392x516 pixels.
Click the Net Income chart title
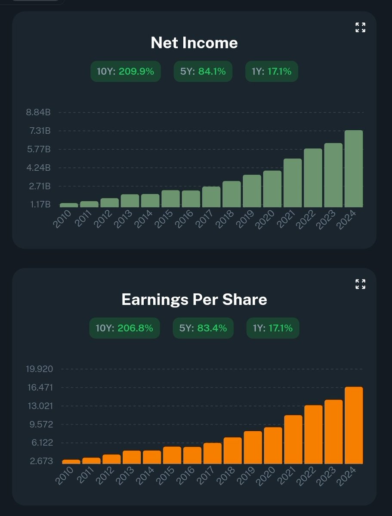[x=194, y=43]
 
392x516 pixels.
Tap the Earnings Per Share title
[x=194, y=299]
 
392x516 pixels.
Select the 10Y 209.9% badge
[x=125, y=71]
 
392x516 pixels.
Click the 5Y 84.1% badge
[x=203, y=71]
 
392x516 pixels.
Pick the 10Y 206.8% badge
[x=124, y=328]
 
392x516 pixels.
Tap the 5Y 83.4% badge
[x=203, y=328]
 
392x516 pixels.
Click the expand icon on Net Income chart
[x=360, y=28]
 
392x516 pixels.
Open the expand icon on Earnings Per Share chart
[x=360, y=284]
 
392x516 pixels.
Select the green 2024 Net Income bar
[x=353, y=169]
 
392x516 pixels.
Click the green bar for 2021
[x=293, y=183]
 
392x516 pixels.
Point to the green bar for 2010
[x=69, y=205]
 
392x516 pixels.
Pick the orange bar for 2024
[x=353, y=425]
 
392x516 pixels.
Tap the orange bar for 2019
[x=253, y=447]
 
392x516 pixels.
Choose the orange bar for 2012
[x=111, y=459]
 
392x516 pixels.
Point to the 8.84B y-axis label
[x=38, y=113]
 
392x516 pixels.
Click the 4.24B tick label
[x=38, y=168]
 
